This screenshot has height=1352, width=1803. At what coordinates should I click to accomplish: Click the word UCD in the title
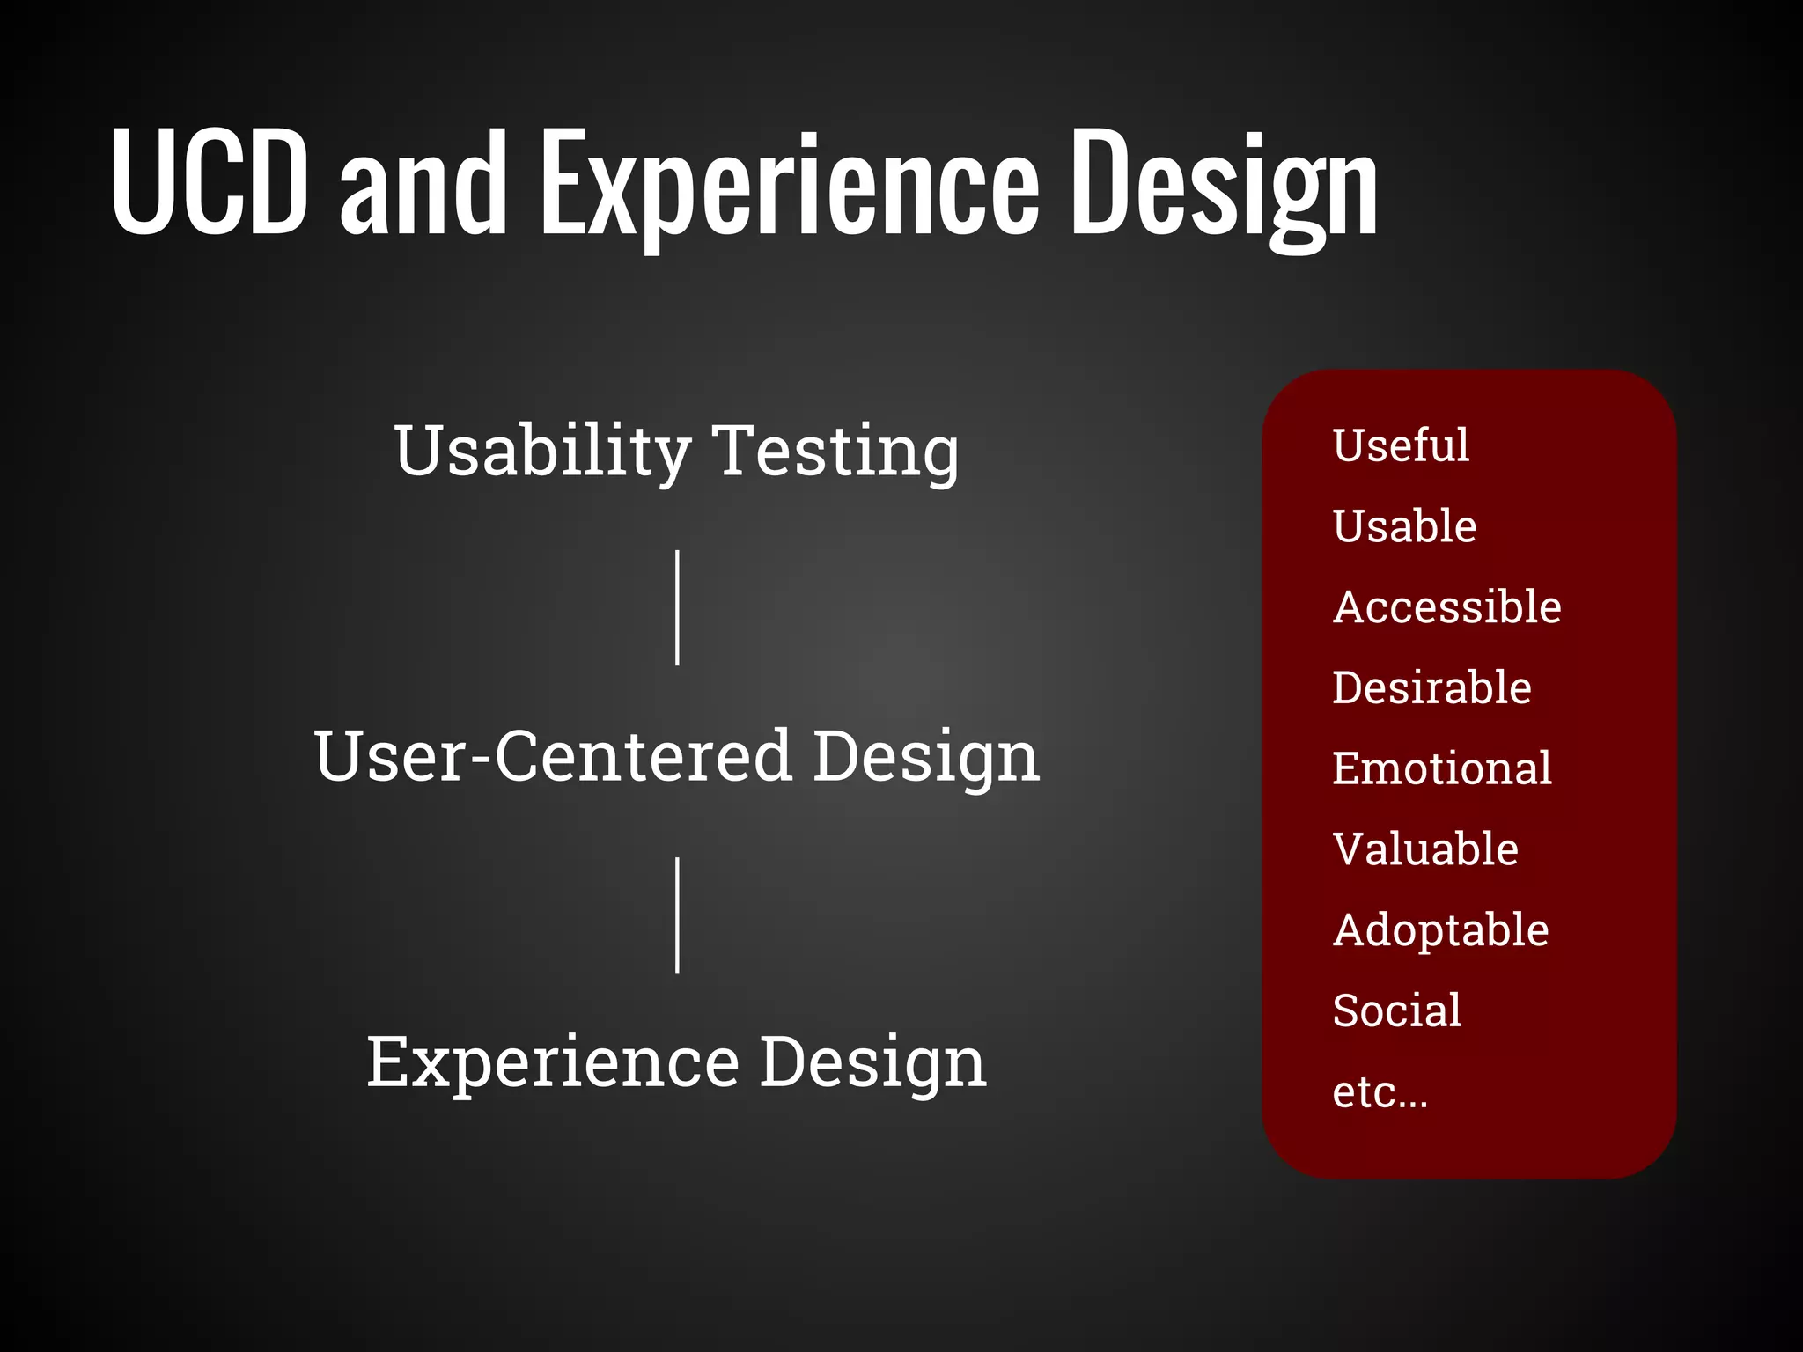pos(210,182)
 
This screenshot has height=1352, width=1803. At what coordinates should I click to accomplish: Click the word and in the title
pos(423,185)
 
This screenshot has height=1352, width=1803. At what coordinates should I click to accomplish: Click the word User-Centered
pos(553,756)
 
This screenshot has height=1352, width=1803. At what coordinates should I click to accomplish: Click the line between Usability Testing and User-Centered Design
pos(677,607)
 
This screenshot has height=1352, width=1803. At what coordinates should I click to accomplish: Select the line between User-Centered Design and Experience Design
pos(677,915)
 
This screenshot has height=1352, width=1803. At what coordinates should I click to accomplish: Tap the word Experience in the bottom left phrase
pos(553,1063)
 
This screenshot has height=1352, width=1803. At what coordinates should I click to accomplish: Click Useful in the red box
pos(1400,445)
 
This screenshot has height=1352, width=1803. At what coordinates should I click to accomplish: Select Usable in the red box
pos(1404,526)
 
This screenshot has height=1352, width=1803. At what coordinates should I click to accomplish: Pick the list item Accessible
pos(1446,607)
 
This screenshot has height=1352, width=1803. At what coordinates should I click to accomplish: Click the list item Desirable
pos(1431,687)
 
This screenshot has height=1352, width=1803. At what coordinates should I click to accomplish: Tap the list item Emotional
pos(1441,768)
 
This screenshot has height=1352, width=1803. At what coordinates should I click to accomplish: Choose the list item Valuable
pos(1425,849)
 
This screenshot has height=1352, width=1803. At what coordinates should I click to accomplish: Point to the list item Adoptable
pos(1440,930)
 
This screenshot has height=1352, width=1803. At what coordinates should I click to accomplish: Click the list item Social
pos(1396,1010)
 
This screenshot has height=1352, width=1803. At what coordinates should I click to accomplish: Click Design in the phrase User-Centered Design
pos(925,756)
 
